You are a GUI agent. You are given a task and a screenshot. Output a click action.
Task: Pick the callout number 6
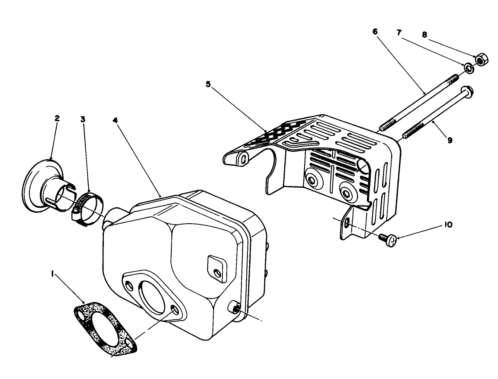pos(375,32)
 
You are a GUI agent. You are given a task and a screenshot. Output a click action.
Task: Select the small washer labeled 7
pos(469,67)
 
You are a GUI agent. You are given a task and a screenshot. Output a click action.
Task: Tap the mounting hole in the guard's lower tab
pos(346,223)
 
